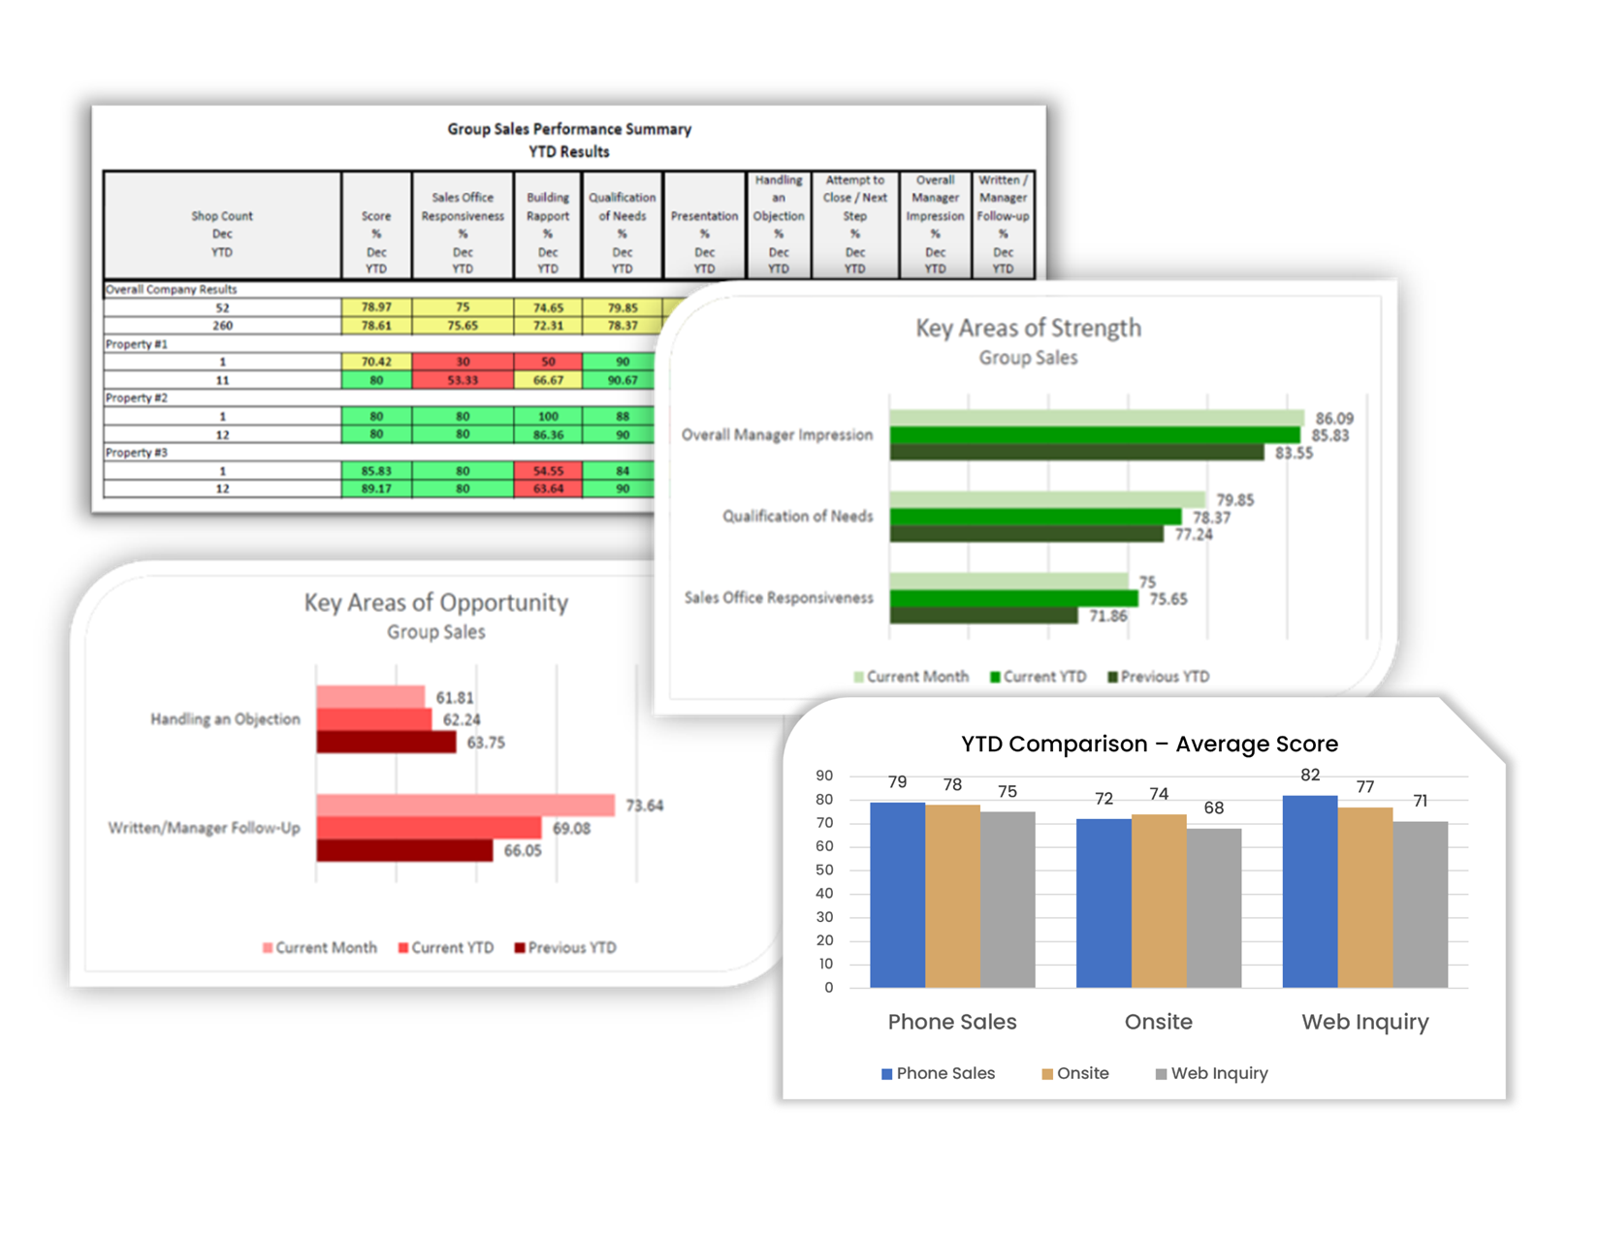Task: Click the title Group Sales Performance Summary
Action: pos(568,129)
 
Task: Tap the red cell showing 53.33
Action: pos(463,380)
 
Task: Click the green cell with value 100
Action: pos(548,416)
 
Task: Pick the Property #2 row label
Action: pos(137,398)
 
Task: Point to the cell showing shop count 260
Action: pos(222,326)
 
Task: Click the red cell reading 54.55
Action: pos(548,470)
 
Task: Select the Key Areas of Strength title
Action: pos(1028,329)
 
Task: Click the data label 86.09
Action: pos(1333,419)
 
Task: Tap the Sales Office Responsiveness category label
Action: pos(779,598)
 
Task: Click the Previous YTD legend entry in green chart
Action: pos(1159,677)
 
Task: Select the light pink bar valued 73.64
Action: pos(465,806)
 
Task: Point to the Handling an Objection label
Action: pos(225,719)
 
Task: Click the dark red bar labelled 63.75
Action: pos(386,743)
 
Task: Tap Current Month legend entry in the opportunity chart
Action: pos(320,948)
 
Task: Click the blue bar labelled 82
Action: pos(1309,892)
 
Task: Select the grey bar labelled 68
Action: pos(1213,907)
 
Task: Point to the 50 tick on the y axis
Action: pos(824,871)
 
